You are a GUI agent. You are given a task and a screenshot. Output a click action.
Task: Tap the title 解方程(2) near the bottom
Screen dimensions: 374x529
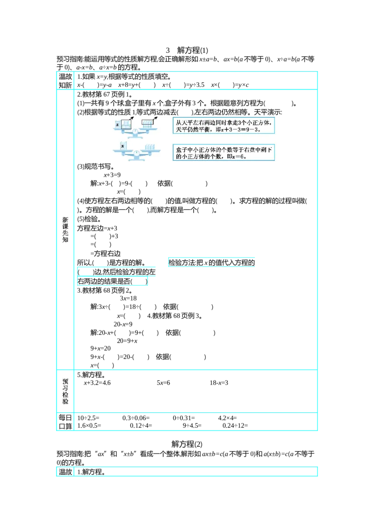[x=187, y=444]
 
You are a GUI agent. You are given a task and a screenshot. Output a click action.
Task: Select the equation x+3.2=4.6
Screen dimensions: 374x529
[x=97, y=383]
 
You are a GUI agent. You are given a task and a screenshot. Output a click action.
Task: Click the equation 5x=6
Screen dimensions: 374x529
[x=163, y=383]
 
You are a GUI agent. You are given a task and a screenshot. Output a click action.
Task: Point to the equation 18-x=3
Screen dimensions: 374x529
[x=219, y=383]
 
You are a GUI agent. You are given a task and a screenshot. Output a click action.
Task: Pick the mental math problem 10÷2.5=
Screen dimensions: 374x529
[x=88, y=418]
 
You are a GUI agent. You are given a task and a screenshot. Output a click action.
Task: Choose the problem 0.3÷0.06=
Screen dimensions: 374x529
[x=136, y=418]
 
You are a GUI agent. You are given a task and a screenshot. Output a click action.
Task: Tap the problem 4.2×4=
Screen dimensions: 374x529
[x=228, y=418]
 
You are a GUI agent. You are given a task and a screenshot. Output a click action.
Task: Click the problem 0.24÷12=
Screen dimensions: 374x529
[x=235, y=426]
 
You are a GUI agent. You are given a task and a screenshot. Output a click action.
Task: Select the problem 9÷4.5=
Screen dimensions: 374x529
[x=192, y=426]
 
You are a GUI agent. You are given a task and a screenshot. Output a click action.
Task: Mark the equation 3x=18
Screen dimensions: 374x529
[x=128, y=298]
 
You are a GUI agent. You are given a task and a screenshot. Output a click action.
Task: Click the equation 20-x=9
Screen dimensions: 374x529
[x=123, y=324]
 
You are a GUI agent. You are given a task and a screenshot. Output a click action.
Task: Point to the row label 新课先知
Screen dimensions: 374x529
[x=65, y=230]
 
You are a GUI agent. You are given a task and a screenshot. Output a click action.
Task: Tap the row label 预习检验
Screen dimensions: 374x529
[x=65, y=391]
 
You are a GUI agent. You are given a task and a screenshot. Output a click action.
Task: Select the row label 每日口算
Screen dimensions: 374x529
[x=65, y=422]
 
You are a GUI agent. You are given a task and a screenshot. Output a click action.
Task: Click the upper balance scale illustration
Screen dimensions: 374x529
[x=136, y=128]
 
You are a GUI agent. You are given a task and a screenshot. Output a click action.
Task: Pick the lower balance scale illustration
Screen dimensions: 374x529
[x=137, y=151]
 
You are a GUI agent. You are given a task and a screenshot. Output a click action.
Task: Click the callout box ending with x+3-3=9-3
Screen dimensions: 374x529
[x=223, y=126]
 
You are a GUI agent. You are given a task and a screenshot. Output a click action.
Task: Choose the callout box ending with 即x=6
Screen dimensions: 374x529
[x=223, y=152]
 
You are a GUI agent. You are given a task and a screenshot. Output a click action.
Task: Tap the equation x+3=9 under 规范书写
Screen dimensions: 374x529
[x=112, y=175]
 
